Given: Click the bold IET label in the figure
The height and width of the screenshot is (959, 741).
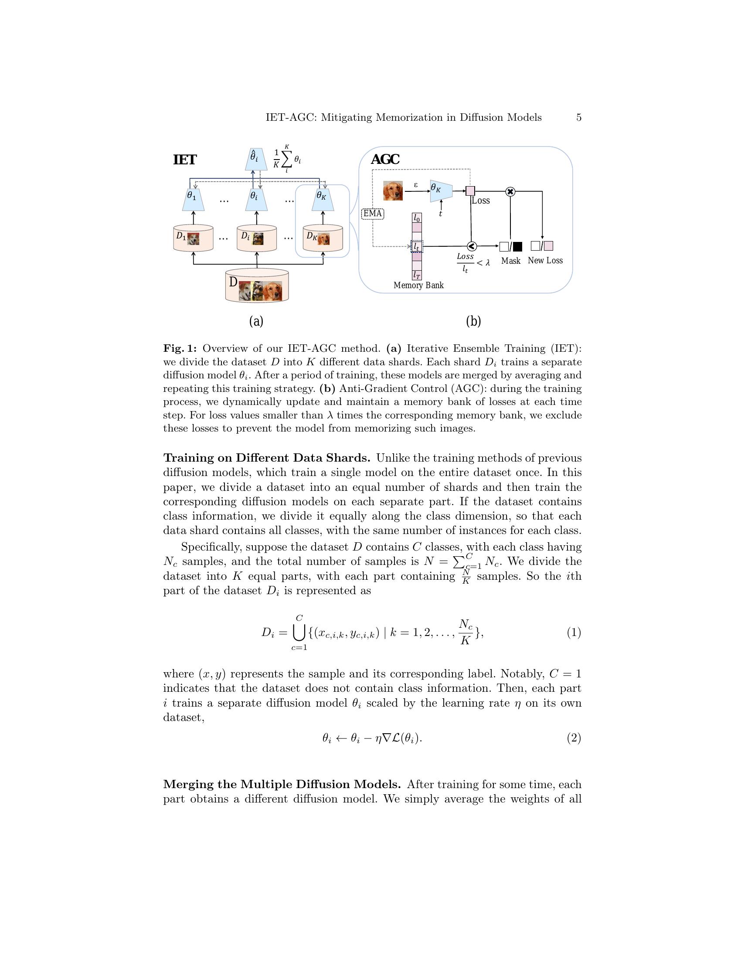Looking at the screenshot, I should [185, 160].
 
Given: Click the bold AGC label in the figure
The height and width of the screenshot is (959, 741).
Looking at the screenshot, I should [385, 160].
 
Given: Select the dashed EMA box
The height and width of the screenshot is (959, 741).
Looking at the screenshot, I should [373, 214].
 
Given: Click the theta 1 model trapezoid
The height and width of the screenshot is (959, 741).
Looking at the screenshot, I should [193, 200].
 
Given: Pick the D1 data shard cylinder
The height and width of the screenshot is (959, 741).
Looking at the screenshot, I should [193, 238].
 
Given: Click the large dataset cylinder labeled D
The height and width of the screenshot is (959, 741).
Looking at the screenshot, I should [257, 286].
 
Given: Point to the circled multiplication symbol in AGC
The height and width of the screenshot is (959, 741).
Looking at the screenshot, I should [510, 191].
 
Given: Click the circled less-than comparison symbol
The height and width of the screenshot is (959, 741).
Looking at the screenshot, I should [472, 246].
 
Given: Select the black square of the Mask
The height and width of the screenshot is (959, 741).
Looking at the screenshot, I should [517, 246].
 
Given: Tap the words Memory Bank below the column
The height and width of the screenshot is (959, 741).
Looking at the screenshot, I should [418, 286].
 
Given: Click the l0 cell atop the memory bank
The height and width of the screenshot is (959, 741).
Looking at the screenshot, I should [417, 218].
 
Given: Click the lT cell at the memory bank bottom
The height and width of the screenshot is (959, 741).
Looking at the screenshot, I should [417, 275].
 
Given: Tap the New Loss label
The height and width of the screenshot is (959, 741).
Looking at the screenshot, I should [545, 260].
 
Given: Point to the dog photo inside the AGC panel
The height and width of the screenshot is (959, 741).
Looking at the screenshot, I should [392, 191].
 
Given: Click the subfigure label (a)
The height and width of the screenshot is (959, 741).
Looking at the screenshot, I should [256, 321].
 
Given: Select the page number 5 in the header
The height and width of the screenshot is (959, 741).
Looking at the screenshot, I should [578, 118].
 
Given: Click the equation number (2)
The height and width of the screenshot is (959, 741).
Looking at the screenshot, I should [574, 738].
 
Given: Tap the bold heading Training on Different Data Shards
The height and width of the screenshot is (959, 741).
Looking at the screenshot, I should [266, 458].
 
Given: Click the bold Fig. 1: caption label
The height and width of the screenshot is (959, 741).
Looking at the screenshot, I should [180, 349].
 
